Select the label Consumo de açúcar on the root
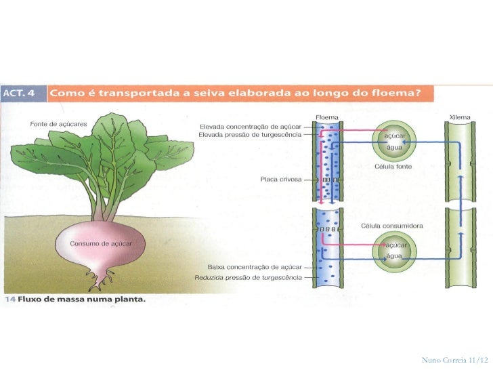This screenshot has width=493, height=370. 102,243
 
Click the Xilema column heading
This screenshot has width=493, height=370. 460,117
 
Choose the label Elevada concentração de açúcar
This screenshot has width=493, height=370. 254,126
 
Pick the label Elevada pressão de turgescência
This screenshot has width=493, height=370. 254,134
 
